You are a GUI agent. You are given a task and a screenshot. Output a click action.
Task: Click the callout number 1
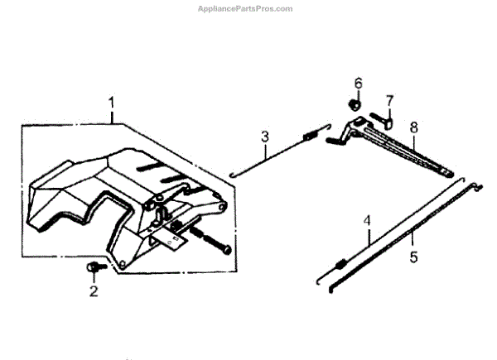110,103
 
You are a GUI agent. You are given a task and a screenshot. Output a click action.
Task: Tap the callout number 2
94,290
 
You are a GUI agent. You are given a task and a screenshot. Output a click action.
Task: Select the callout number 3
265,136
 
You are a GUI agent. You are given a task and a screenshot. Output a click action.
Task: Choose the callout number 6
358,84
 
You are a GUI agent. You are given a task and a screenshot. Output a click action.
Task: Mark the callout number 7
389,100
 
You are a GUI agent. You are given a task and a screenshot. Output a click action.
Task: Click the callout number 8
413,127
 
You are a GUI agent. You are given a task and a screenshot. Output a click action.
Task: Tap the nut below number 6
354,105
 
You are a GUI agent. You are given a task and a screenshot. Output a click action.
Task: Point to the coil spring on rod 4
340,264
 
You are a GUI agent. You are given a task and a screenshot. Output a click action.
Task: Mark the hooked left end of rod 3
235,173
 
